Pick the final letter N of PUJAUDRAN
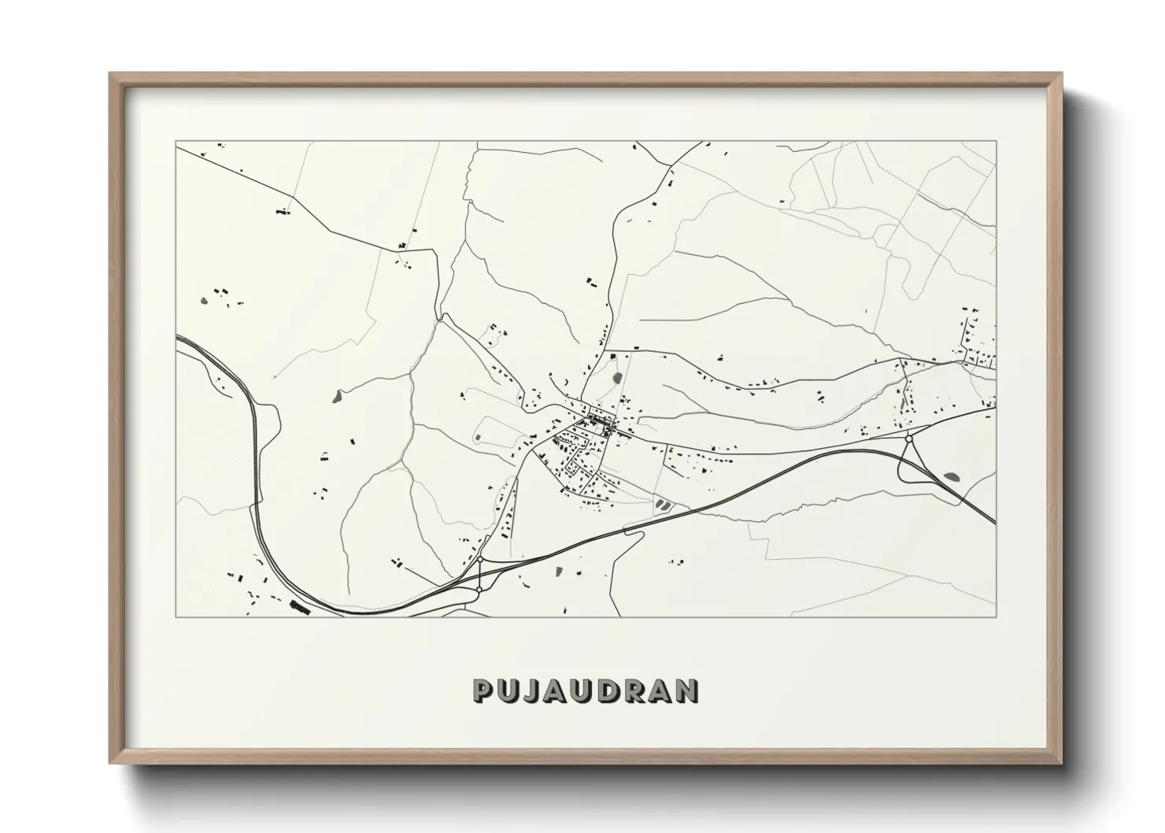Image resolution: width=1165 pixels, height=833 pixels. (x=688, y=691)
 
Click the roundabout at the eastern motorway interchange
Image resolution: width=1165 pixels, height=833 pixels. (x=909, y=439)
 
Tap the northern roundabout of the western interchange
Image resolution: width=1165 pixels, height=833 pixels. (x=479, y=560)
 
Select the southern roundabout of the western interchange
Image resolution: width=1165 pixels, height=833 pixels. (x=479, y=589)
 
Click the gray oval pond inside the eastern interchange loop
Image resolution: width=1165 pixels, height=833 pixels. (x=951, y=476)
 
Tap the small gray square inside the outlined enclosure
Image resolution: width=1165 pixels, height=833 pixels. (x=479, y=437)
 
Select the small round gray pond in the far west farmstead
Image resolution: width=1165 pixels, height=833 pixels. (x=204, y=300)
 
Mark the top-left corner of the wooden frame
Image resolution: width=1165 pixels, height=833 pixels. (x=111, y=74)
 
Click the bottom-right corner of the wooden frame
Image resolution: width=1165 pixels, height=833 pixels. (x=1061, y=763)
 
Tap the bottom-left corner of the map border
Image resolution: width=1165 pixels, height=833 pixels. (x=176, y=616)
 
